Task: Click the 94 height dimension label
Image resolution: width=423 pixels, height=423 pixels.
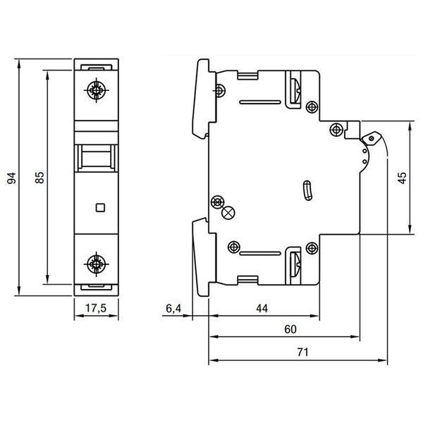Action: point(11,178)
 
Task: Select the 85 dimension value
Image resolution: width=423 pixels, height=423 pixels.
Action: point(39,177)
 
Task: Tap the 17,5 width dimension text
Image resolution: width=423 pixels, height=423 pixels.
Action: point(96,308)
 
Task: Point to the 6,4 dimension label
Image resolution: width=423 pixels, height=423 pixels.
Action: point(173,308)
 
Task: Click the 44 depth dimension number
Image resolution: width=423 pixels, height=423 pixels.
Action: point(262,308)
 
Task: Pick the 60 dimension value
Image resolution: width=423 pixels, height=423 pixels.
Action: point(290,329)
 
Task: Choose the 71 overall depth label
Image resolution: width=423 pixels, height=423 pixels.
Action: point(302,352)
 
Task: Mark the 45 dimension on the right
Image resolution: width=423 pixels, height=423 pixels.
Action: point(402,178)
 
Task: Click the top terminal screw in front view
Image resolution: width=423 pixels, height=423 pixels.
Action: point(97,90)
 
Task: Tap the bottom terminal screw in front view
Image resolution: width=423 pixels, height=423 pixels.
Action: point(97,264)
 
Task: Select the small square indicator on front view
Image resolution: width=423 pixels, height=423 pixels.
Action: point(100,207)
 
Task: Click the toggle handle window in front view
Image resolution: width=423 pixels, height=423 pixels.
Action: point(97,158)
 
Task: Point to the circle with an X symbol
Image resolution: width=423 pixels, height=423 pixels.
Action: point(228,213)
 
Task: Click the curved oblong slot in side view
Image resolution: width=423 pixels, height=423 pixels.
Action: point(307,191)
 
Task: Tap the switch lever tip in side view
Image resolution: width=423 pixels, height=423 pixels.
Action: point(372,138)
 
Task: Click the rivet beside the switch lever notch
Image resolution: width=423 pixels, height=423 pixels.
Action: point(336,130)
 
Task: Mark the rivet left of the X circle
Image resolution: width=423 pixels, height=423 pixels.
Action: point(217,202)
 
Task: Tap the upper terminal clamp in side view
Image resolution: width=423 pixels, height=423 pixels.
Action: point(293,90)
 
